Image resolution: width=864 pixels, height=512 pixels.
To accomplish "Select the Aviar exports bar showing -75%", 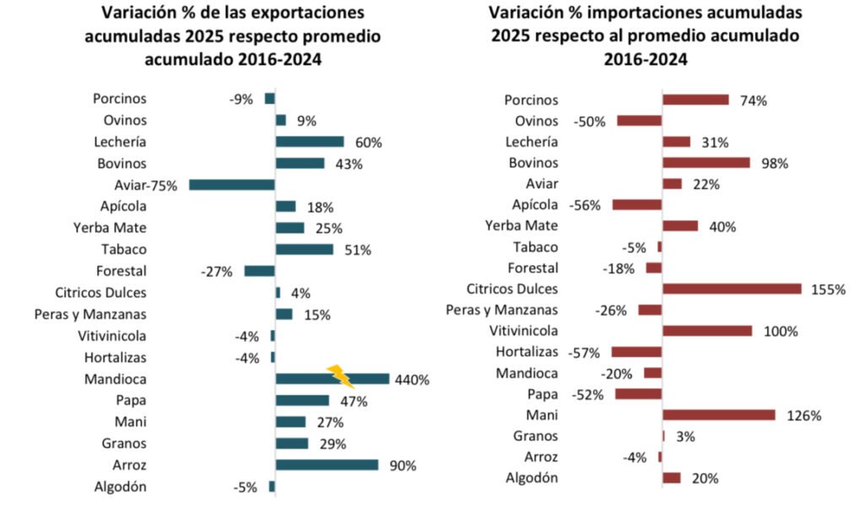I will click(232, 185).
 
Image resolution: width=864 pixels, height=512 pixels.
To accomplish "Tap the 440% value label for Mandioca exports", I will click(412, 380).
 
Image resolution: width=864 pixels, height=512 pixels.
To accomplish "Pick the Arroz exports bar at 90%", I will click(327, 465).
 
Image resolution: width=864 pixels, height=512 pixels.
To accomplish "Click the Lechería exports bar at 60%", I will click(310, 142).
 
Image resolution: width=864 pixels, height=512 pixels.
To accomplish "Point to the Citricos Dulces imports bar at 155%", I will click(732, 289).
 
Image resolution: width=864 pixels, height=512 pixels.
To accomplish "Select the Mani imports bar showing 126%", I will click(719, 415).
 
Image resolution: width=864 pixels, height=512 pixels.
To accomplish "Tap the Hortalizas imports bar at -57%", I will click(636, 352).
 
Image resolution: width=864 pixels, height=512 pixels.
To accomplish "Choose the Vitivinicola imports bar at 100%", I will click(707, 331).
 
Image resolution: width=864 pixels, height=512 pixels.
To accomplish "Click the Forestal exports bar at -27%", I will click(259, 271).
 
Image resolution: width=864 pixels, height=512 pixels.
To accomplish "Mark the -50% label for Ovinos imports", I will click(590, 121).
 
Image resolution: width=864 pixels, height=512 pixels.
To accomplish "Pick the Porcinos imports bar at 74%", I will click(695, 100).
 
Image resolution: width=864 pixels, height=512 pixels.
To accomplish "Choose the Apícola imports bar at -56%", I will click(637, 205).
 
